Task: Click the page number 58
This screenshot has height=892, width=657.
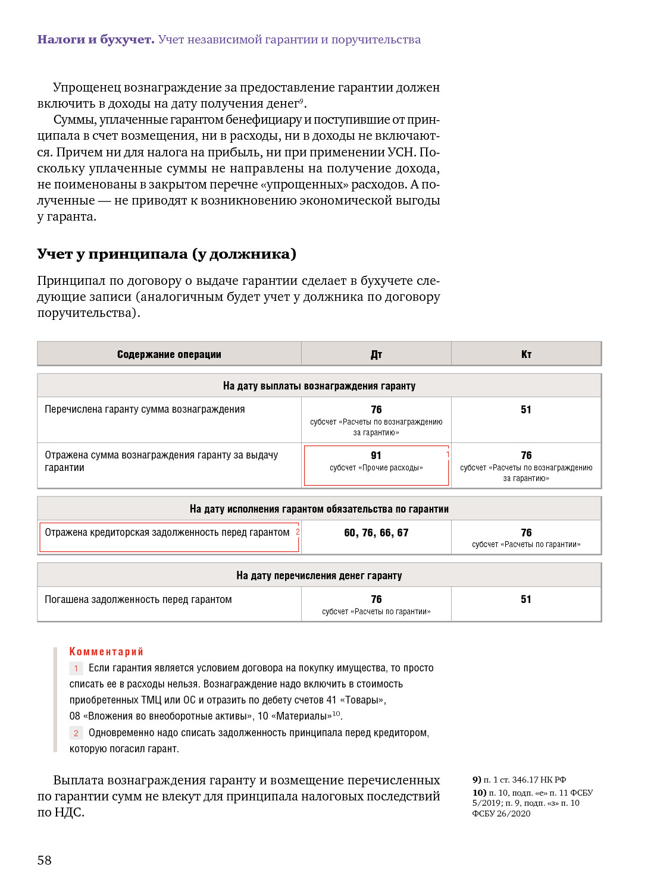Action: tap(45, 860)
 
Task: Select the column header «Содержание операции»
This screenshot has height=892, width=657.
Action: tap(169, 354)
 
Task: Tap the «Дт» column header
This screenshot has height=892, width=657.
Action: tap(376, 354)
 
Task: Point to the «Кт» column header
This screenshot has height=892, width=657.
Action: tap(526, 354)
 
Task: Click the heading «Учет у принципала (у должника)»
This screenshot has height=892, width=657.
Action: tap(167, 255)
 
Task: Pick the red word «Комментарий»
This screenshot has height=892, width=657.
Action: tap(107, 652)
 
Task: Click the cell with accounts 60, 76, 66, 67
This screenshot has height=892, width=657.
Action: tap(376, 533)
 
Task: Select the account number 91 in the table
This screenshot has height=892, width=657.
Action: tap(376, 456)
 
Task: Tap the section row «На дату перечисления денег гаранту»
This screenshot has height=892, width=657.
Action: tap(319, 576)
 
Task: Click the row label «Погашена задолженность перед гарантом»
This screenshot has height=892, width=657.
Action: tap(138, 599)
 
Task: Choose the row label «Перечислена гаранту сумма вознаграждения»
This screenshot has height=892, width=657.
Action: tap(145, 409)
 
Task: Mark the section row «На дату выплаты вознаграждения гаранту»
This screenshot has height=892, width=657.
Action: tap(319, 386)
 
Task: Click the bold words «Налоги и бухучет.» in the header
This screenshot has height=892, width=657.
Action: tap(96, 40)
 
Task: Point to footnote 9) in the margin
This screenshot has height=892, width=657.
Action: tap(477, 780)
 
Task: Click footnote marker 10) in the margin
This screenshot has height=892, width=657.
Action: tap(479, 793)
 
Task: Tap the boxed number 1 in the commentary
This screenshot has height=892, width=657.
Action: tap(76, 668)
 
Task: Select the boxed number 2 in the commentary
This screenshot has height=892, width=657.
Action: tap(76, 733)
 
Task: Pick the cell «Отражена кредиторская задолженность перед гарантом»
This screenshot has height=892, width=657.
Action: tap(167, 533)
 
